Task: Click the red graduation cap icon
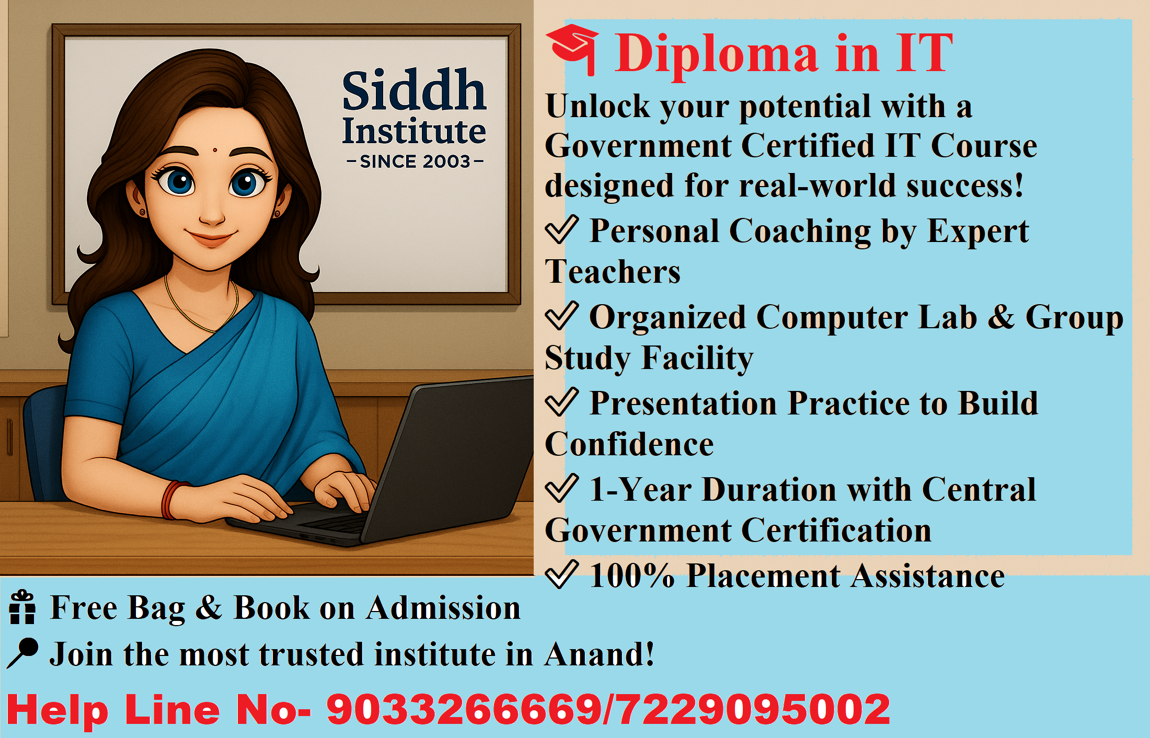(572, 49)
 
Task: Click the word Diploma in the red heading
(716, 54)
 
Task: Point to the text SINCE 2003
(415, 162)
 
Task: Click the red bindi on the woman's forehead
(215, 151)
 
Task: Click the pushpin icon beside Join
(22, 653)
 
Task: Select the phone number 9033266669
(464, 710)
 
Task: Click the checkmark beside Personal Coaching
(561, 229)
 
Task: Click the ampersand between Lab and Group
(1000, 317)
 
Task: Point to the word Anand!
(599, 654)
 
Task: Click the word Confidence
(629, 444)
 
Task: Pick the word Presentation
(683, 403)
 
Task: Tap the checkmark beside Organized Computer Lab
(561, 316)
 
